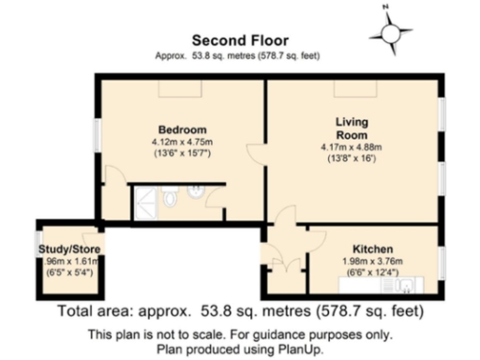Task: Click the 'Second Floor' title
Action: [240, 40]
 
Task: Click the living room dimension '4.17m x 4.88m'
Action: [352, 147]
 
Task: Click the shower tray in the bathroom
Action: [144, 199]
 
